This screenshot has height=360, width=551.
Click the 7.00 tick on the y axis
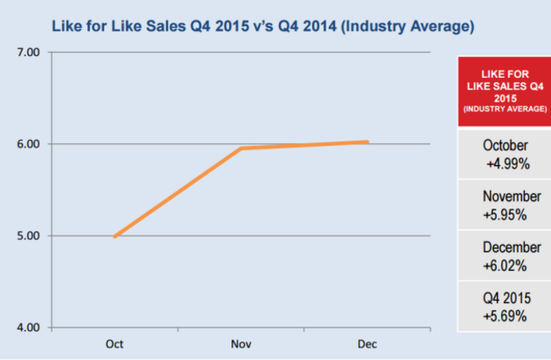pos(28,53)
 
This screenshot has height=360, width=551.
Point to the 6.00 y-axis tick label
pos(28,144)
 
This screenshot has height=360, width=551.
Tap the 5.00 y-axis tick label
pos(28,235)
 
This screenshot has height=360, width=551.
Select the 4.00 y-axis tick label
pos(28,328)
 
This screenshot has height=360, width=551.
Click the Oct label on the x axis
pos(114,344)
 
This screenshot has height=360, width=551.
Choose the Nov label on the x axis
pos(242,344)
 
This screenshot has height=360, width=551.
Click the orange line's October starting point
pos(114,236)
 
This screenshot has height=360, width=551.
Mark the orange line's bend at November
pos(242,148)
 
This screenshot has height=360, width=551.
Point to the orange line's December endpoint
pos(367,142)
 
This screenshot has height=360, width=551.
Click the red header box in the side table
pos(504,91)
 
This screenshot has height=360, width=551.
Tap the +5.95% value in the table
pos(505,214)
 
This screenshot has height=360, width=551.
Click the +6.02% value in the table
pos(505,265)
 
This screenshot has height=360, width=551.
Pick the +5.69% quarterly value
pos(505,317)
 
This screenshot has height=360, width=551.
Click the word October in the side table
pos(505,145)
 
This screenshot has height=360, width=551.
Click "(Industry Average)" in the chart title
pos(407,26)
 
